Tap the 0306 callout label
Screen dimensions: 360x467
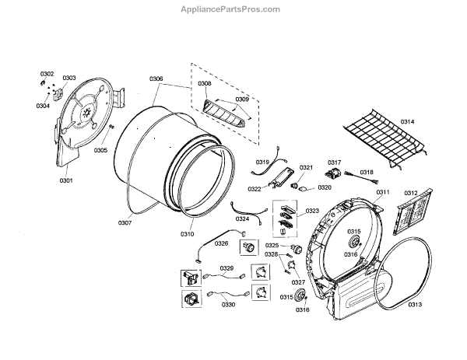(156, 79)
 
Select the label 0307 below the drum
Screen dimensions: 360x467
(125, 223)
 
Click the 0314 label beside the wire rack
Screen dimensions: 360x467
(407, 123)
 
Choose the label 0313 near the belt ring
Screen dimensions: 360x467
(415, 304)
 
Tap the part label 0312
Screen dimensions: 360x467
(410, 193)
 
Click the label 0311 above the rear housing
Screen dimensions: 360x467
(382, 191)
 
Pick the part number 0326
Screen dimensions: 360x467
(222, 243)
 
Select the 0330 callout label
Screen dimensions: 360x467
(228, 305)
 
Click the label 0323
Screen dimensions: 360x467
(312, 211)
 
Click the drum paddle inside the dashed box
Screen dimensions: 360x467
(223, 114)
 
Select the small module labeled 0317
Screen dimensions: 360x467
(335, 174)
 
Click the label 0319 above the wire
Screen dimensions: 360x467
(262, 162)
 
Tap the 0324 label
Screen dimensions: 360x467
(242, 218)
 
